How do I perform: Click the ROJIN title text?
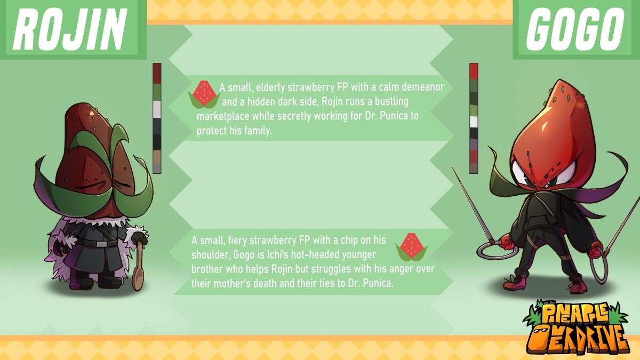coord(70,29)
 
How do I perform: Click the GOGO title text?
coord(575,29)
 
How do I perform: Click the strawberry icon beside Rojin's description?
coord(204,94)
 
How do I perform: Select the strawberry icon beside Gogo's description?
coord(411,247)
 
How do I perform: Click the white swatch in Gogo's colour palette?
coord(474,122)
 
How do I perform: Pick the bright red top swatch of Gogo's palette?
coord(474,71)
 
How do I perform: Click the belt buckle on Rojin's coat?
coord(101,244)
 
